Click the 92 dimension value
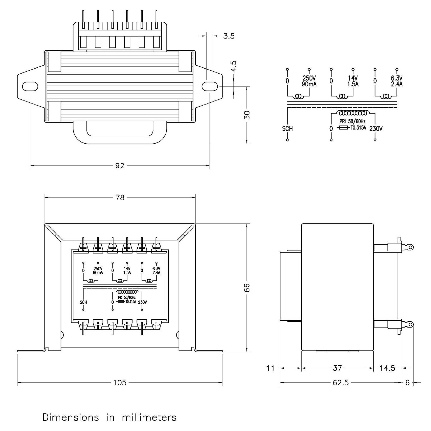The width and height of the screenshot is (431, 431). [120, 166]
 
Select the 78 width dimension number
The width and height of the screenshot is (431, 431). [120, 197]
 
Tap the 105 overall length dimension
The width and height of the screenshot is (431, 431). [120, 382]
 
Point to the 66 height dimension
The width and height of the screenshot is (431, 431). [247, 287]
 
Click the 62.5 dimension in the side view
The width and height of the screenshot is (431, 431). [340, 382]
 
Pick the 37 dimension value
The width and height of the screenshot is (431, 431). [337, 368]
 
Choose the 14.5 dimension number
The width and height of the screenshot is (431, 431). [387, 368]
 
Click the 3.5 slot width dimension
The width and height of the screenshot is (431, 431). [229, 36]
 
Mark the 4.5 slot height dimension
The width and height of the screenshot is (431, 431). [234, 66]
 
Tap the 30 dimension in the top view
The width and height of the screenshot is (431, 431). [247, 115]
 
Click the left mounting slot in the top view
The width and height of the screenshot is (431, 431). [30, 86]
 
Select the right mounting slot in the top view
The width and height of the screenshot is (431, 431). [210, 86]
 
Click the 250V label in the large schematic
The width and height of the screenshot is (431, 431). [309, 78]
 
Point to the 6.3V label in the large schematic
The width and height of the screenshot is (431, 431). [397, 78]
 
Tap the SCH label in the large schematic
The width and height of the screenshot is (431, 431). [287, 129]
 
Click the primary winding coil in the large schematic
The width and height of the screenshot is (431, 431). [353, 112]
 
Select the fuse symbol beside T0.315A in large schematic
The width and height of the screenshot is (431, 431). [343, 128]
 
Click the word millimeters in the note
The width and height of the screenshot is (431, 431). [149, 417]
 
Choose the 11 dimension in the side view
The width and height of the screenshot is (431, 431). [270, 368]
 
